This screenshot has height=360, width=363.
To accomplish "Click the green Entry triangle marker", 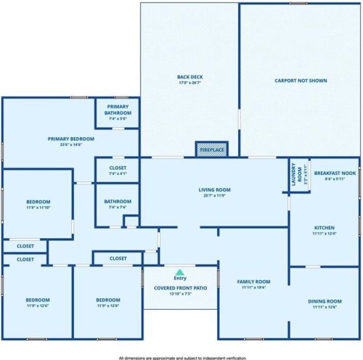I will pos(179,271).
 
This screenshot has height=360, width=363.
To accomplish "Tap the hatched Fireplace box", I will pos(212,150).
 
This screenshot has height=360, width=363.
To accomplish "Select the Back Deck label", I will pos(189,77).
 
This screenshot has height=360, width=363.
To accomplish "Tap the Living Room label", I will pos(214,190).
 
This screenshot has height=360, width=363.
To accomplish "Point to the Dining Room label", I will pos(325,300).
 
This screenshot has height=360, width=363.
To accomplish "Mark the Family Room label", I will pos(255,281).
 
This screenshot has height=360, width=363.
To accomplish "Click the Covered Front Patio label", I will pos(179,287).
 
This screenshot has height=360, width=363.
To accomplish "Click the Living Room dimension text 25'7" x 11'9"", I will pos(214,196).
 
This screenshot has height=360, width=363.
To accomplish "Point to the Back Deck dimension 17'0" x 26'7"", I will pos(189,83).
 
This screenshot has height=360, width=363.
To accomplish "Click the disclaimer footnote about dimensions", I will pos(181,356).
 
